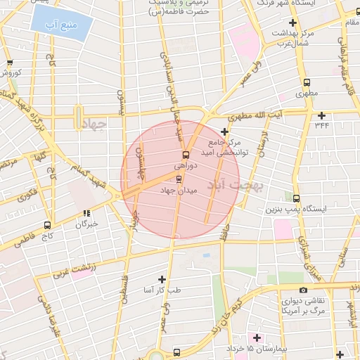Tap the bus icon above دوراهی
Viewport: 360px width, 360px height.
186,154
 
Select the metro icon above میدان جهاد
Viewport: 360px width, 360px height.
178,179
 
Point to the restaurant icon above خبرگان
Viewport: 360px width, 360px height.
86,214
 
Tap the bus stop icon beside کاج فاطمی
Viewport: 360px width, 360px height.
47,226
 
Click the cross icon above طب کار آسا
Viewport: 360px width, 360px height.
162,279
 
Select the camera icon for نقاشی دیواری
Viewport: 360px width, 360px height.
303,290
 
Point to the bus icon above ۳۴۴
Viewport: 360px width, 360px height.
322,115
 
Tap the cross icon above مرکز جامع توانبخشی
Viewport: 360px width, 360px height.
224,131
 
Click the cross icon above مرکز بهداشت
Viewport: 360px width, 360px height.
292,24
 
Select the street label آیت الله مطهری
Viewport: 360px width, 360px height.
281,114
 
